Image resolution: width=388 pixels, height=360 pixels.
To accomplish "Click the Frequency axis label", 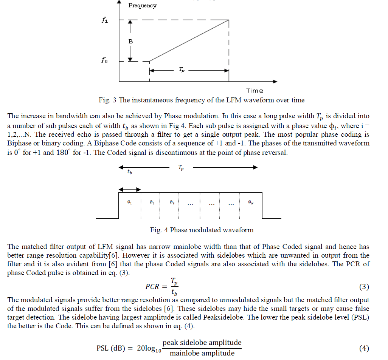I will [x=142, y=6].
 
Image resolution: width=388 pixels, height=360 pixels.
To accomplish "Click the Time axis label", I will [x=255, y=91].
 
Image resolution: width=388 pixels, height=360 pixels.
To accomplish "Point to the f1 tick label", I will [x=105, y=21].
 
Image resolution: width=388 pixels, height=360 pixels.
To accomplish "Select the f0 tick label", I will [x=104, y=61].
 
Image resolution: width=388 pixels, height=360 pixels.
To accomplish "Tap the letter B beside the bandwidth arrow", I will [x=130, y=42].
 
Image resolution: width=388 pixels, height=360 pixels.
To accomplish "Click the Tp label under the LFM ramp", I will [x=182, y=71].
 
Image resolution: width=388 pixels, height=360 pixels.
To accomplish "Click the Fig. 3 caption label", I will [x=201, y=100].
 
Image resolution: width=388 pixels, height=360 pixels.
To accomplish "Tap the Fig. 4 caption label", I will [x=202, y=230].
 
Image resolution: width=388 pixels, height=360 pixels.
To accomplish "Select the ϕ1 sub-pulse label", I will [x=129, y=203].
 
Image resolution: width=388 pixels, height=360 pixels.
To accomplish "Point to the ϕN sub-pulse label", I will [x=251, y=203].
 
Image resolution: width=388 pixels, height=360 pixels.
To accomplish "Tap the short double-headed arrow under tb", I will [x=130, y=190].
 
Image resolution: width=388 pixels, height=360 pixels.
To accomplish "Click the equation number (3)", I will [x=364, y=287].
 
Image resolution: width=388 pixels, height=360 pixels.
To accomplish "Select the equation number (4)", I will [x=364, y=348].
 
